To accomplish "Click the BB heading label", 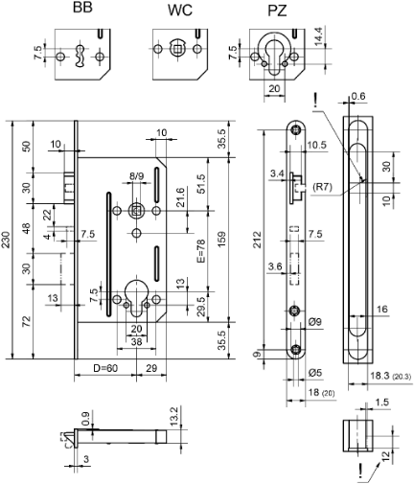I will tap(84, 9).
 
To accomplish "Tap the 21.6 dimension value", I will tap(179, 197).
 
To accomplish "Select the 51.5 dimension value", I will tap(201, 183).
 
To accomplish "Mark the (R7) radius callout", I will tap(324, 188).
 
